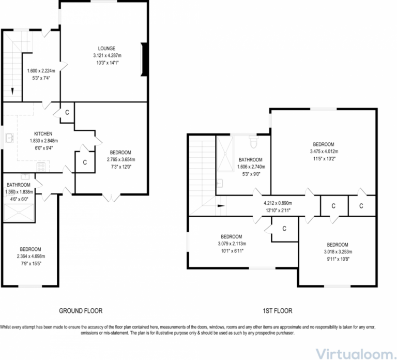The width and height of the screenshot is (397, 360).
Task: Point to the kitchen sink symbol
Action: (9, 138)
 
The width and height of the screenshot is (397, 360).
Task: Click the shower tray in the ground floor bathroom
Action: (19, 212)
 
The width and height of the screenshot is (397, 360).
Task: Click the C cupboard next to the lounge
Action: (67, 113)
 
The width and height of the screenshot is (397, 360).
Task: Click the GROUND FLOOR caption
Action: (80, 311)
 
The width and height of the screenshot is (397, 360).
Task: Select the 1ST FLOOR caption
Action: (277, 311)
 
